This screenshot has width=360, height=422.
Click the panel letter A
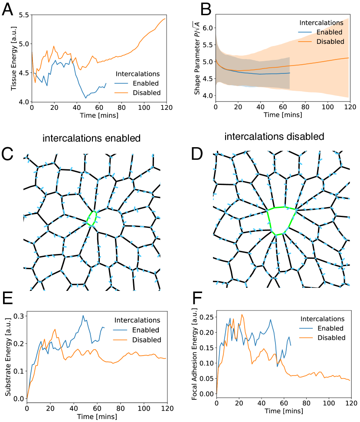[x=9, y=10]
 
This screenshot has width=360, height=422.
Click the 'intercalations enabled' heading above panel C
[x=92, y=138]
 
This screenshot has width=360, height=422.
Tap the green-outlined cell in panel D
[x=282, y=221]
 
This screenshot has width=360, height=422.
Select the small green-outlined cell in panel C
[x=92, y=218]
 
